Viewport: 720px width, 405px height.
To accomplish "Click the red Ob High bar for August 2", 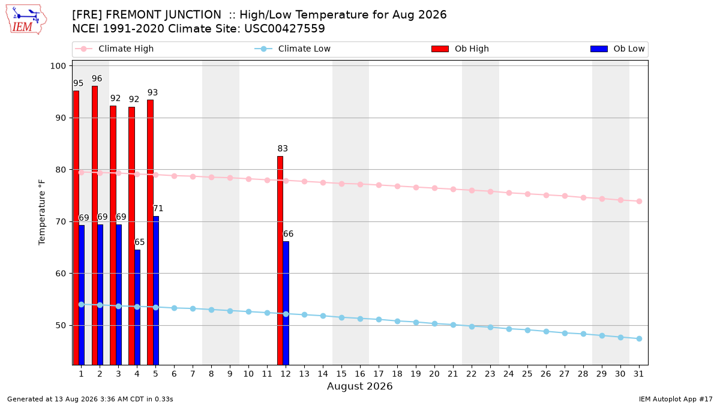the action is pos(95,226).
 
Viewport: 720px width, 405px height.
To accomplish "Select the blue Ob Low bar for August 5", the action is pos(156,290).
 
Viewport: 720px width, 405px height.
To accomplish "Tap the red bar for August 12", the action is pos(280,260).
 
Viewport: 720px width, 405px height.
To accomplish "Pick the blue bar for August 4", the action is pos(137,307).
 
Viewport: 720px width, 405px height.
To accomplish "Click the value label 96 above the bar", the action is pos(97,79).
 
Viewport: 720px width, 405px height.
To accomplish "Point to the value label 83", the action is pos(283,149).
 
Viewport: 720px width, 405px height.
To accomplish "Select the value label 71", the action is pos(158,209).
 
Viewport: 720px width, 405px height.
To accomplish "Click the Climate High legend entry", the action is pos(114,49).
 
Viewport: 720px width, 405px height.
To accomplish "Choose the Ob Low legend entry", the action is pos(617,49).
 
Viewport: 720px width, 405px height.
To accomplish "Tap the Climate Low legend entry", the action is pos(293,49).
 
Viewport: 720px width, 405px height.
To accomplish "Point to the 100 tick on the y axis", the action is pos(58,66).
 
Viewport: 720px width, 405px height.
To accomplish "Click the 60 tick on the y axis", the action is pos(61,274).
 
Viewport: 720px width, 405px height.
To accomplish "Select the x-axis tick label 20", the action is pos(434,374).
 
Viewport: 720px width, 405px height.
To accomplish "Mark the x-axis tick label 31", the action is pos(638,374).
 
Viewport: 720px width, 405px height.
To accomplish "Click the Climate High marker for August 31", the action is pos(640,201).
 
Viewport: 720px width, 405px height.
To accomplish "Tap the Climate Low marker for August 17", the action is pos(379,319).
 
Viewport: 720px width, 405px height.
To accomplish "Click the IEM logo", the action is pos(26,20).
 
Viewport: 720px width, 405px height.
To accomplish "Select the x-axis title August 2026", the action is pos(359,386).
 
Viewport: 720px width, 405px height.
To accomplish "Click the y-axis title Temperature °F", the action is pos(42,212).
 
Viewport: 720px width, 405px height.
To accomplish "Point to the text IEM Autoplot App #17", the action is pos(676,399).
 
